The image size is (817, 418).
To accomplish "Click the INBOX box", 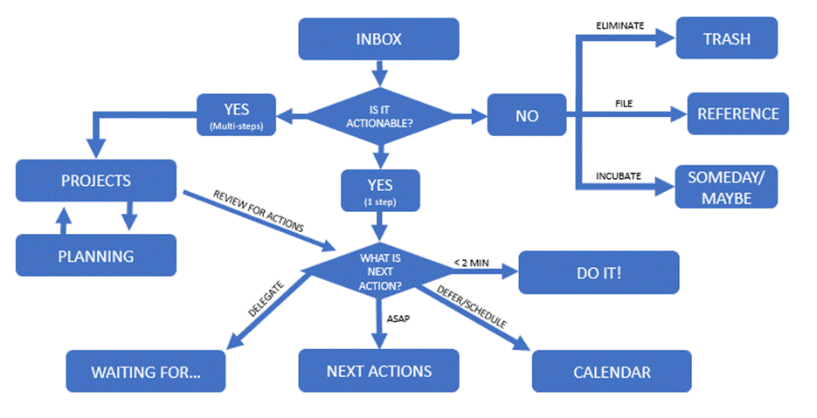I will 378,39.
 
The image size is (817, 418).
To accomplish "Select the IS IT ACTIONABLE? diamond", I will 379,114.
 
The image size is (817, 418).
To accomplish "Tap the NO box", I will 527,115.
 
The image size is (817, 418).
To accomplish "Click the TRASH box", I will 727,39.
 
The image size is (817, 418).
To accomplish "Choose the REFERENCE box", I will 737,114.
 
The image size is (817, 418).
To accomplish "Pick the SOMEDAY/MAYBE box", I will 725,188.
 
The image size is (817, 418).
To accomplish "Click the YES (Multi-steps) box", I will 237,114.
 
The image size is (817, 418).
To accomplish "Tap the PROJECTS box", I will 96,182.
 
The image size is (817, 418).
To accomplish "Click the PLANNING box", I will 96,256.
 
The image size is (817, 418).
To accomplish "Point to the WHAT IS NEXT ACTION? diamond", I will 380,271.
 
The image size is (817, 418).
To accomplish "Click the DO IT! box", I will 599,272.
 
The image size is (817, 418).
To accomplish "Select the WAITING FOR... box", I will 146,372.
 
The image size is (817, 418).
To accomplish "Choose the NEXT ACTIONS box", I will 378,371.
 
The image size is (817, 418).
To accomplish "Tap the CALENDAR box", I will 612,372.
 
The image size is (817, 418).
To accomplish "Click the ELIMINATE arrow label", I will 620,26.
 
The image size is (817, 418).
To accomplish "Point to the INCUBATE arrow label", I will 619,175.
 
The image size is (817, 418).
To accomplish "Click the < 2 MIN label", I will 472,262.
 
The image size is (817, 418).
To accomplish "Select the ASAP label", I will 398,319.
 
